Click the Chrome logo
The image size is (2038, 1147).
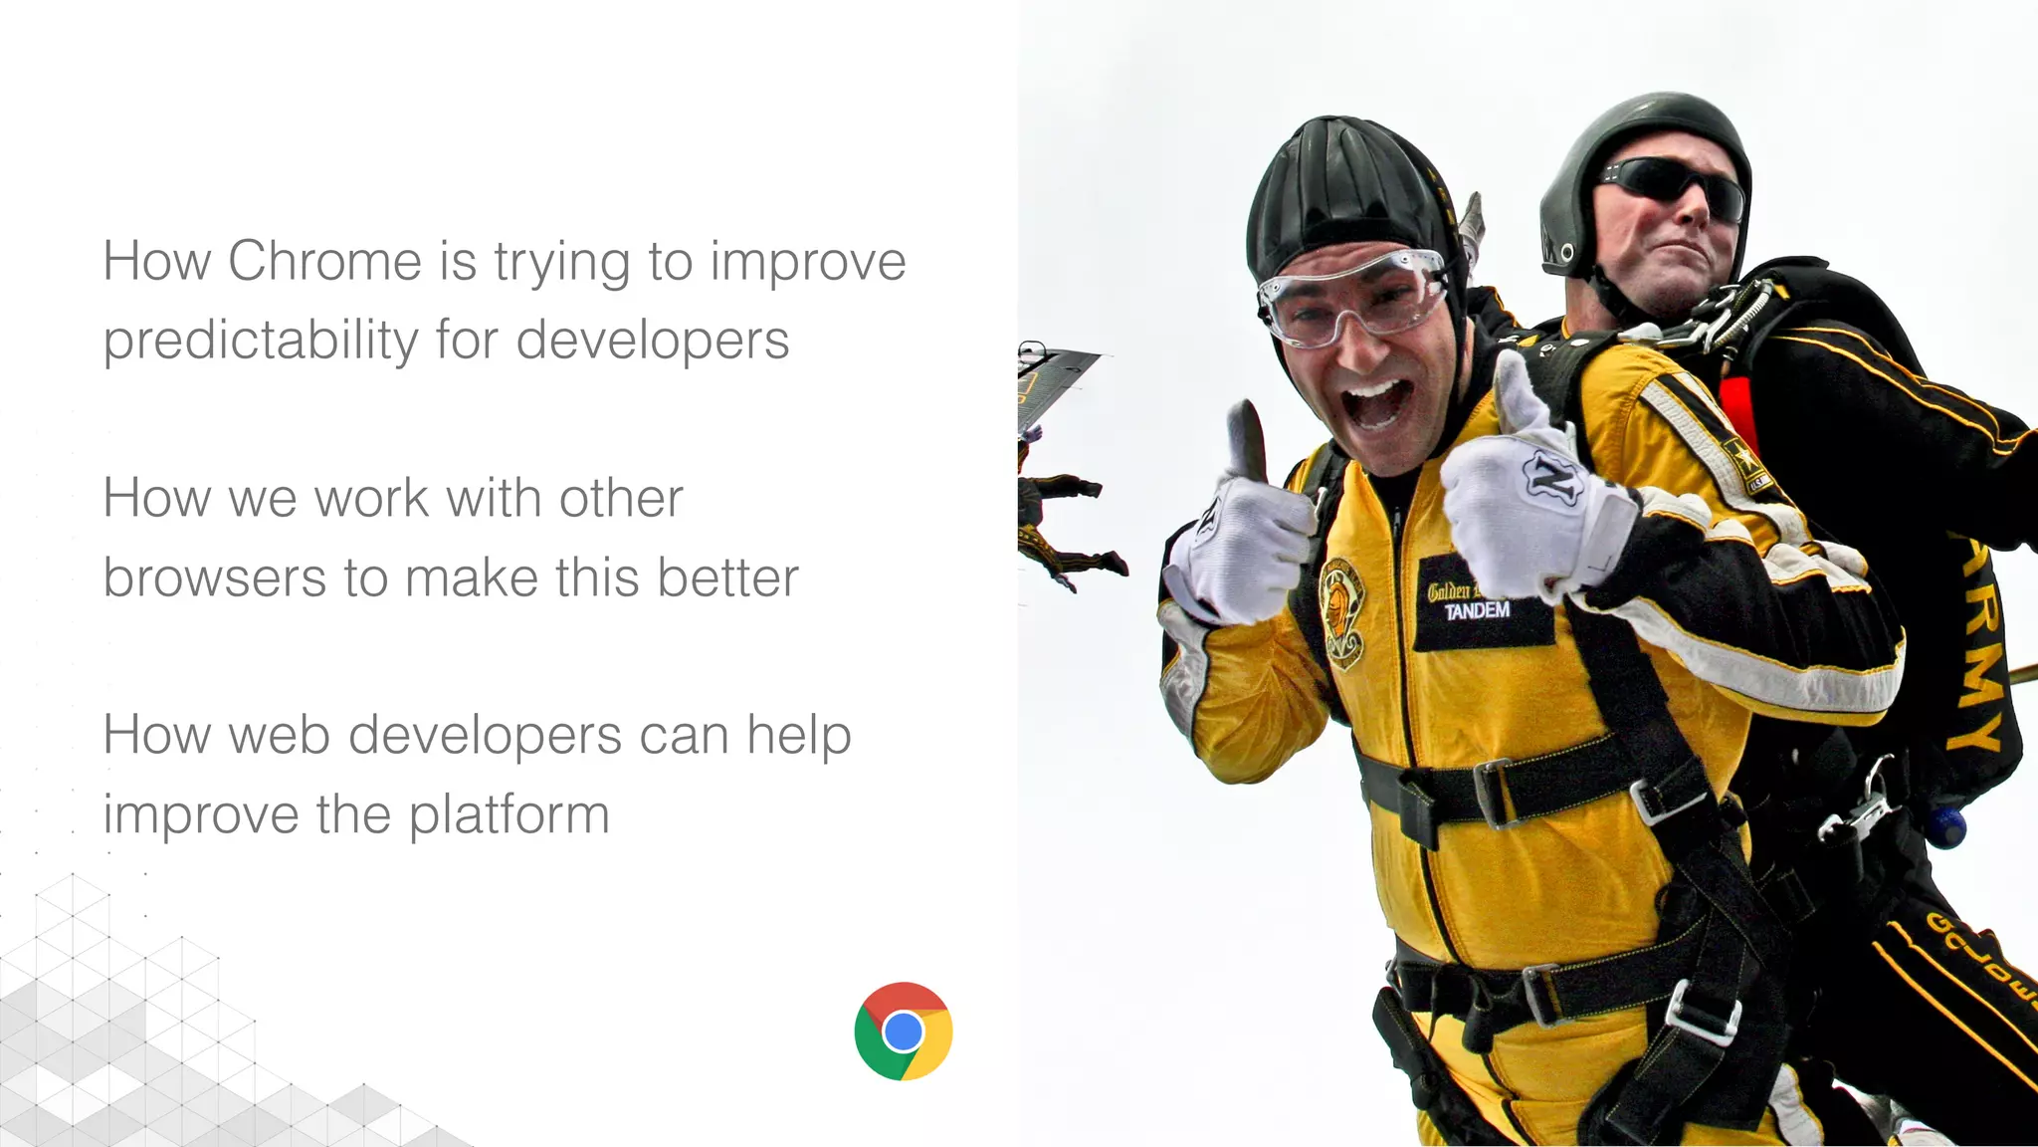(x=903, y=1032)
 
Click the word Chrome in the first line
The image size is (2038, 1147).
(x=324, y=262)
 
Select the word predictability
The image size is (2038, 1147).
(x=261, y=341)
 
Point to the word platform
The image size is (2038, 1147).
(x=509, y=815)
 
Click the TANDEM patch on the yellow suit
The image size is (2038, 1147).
(x=1477, y=610)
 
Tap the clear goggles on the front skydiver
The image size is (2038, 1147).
(x=1353, y=295)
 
